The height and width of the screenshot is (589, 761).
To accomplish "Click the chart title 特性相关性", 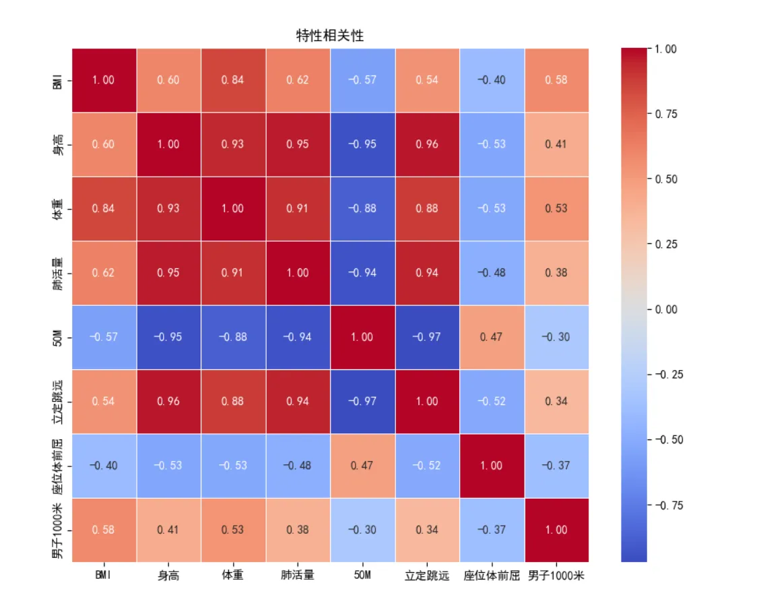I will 330,36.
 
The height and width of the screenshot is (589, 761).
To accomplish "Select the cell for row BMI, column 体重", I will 233,80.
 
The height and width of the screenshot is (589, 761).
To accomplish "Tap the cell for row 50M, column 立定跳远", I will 427,337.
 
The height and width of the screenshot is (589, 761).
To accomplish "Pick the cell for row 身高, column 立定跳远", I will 427,144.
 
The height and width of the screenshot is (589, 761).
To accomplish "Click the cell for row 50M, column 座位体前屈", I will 492,337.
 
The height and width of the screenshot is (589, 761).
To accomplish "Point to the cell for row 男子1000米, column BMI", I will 104,530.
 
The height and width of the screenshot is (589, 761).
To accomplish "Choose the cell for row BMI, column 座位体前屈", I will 492,80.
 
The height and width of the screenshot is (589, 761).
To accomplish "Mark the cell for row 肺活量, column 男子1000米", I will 556,272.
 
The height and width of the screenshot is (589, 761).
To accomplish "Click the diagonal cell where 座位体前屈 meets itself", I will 492,466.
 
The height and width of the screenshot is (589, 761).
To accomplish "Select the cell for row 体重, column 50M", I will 362,208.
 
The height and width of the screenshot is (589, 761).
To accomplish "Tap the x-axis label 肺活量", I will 298,576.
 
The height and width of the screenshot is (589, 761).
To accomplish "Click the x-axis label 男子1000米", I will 556,576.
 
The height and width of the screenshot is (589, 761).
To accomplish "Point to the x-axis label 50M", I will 362,576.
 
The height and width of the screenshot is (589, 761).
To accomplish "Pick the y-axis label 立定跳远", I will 59,401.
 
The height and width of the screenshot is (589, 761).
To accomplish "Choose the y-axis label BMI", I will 59,80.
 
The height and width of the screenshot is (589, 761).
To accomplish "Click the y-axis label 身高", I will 59,144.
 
